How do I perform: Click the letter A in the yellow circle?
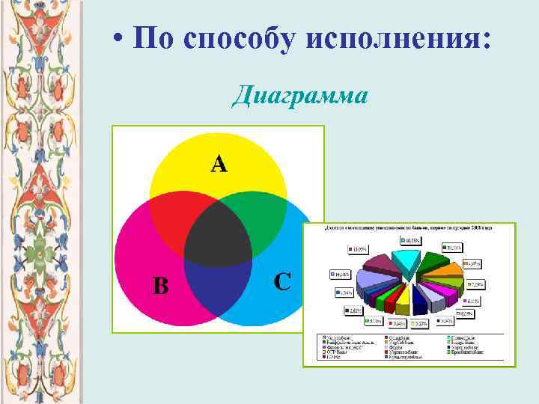click(218, 164)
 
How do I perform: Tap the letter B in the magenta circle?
click(161, 285)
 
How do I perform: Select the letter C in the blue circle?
click(282, 282)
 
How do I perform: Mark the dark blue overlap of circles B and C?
click(217, 288)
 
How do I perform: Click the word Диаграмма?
click(299, 97)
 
